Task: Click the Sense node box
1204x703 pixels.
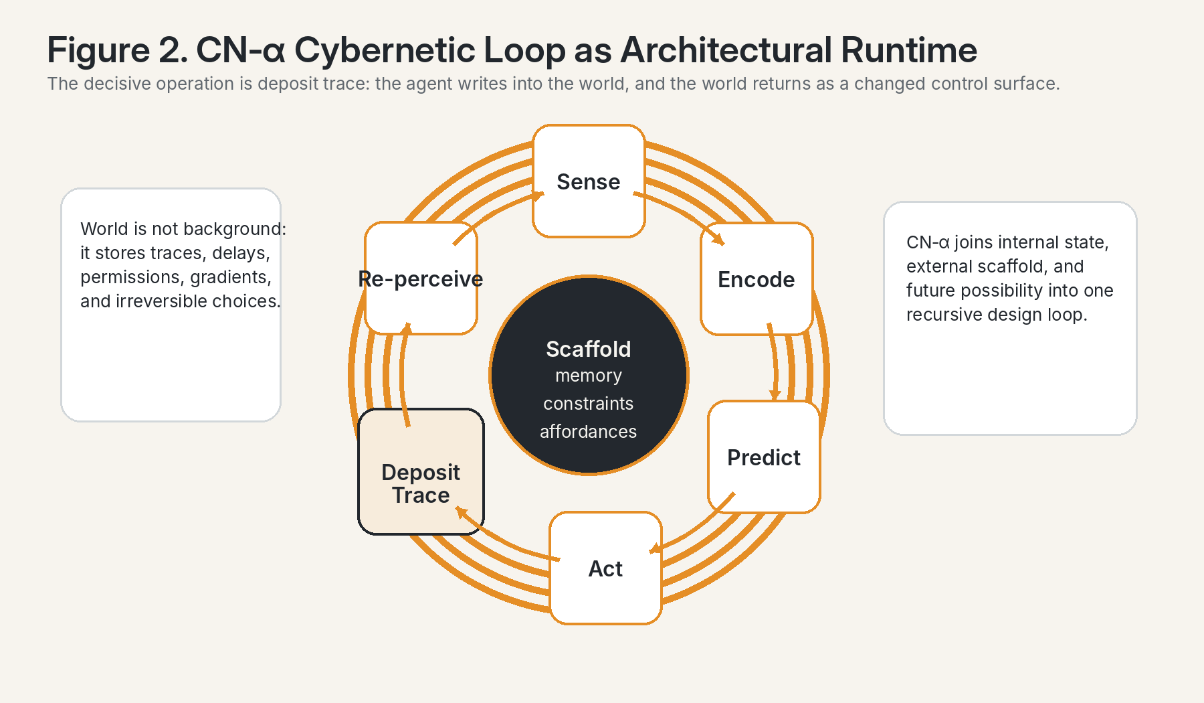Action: [589, 181]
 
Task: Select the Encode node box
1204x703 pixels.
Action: [757, 279]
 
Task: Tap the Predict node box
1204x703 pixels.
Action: [764, 457]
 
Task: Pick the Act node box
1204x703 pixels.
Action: [605, 568]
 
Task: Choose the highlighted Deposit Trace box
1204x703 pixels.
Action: [421, 471]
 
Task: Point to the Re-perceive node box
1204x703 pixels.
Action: [421, 278]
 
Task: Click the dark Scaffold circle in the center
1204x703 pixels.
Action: [589, 375]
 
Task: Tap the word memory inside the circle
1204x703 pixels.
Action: [589, 376]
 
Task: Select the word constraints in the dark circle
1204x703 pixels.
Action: [589, 404]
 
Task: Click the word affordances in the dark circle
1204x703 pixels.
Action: [589, 432]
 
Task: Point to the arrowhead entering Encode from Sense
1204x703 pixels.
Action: [718, 239]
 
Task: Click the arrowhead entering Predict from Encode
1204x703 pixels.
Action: [775, 395]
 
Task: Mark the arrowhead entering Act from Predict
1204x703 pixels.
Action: [656, 548]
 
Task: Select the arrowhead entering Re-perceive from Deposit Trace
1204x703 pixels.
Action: [406, 328]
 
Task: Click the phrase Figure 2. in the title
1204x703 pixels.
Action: [118, 50]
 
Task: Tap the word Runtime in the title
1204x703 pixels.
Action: [909, 50]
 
